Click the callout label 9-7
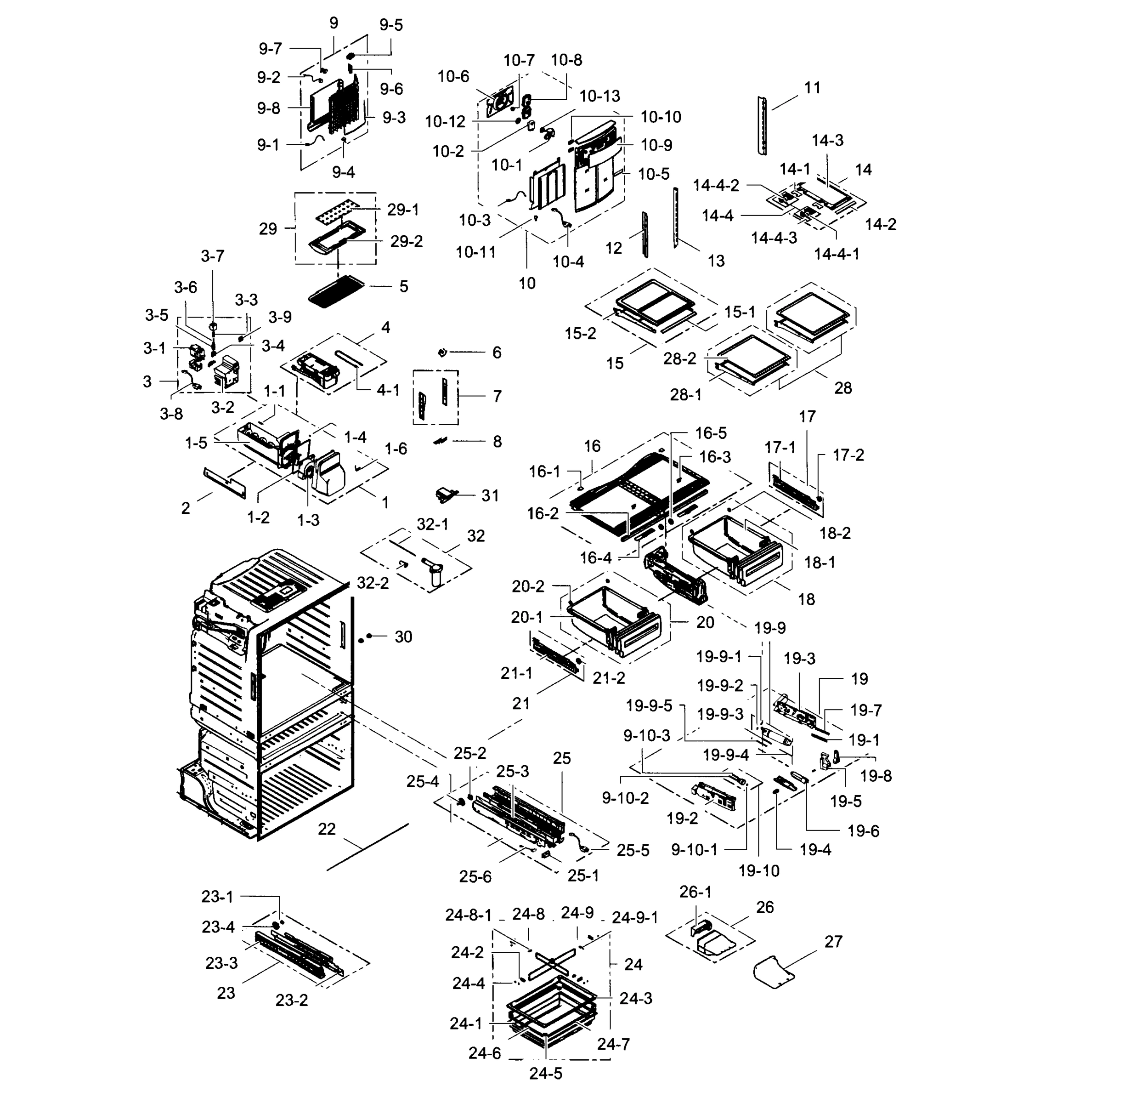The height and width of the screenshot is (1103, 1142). tap(271, 49)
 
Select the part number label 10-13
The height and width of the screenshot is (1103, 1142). tap(599, 96)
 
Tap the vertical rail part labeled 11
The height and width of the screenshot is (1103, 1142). tap(762, 125)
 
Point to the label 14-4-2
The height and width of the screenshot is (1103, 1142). tap(716, 185)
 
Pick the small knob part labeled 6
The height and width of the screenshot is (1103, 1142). tap(442, 352)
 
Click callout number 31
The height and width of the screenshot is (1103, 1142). tap(490, 495)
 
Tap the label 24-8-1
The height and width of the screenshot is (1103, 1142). tap(469, 915)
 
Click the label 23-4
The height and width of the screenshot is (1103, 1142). tap(218, 927)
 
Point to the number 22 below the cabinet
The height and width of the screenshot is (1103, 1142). tap(327, 829)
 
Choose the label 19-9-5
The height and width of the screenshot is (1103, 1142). tap(649, 706)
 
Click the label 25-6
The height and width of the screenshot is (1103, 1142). tap(475, 877)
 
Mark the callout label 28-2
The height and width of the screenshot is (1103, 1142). tap(679, 358)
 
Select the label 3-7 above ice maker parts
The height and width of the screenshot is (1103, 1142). tap(212, 256)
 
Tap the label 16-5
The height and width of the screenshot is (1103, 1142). tap(711, 433)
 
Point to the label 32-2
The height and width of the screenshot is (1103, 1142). tap(373, 583)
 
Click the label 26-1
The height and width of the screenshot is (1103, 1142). tap(695, 892)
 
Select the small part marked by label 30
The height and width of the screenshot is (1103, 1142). tap(369, 636)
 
